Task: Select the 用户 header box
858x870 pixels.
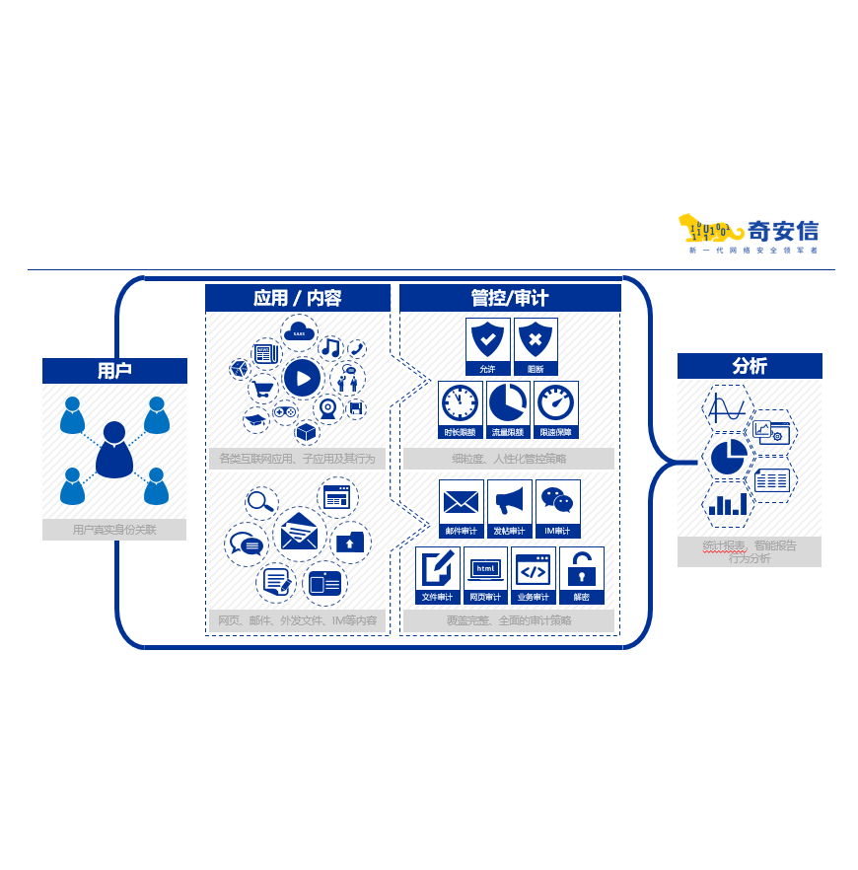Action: [114, 371]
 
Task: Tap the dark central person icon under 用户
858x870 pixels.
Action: [114, 449]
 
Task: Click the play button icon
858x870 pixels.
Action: [302, 378]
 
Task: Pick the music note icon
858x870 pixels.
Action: [330, 347]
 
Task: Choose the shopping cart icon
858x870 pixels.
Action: [261, 389]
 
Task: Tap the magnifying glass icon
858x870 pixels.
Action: [260, 502]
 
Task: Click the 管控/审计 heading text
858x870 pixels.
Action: [509, 298]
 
